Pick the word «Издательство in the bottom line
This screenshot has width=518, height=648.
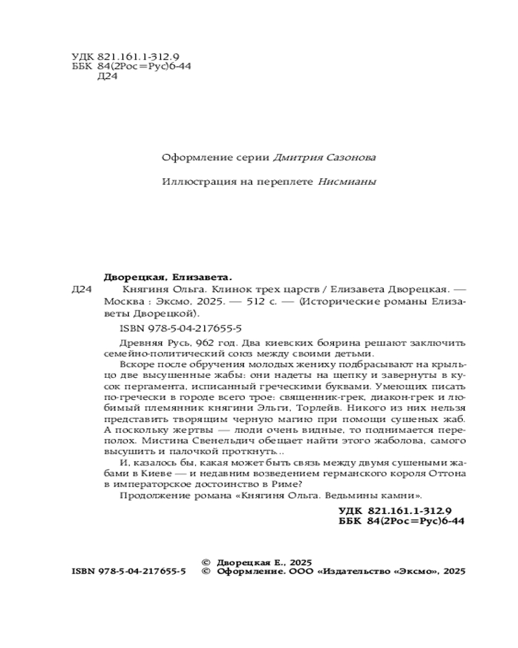click(x=352, y=572)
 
